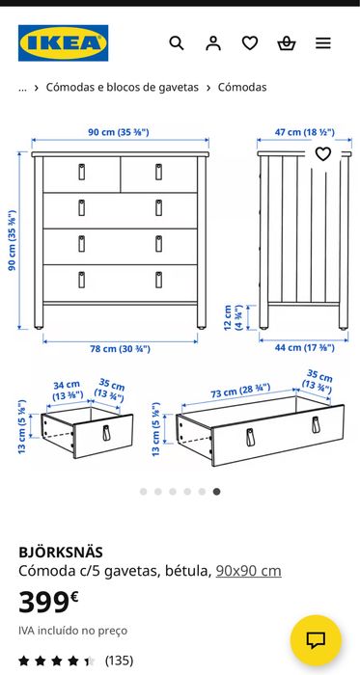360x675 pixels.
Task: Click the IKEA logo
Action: click(x=63, y=43)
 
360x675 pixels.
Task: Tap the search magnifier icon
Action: click(x=176, y=43)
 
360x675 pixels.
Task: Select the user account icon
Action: click(x=212, y=43)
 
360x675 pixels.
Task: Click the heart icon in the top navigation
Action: click(x=250, y=43)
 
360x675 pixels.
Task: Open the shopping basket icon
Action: click(x=287, y=43)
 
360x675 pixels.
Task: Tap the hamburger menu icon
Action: click(x=323, y=43)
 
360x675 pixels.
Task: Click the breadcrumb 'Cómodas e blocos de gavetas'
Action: click(x=123, y=87)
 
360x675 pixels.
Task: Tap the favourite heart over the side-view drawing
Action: click(x=323, y=153)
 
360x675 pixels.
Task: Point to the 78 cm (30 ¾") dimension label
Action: click(x=120, y=349)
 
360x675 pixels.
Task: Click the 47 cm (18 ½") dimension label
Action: click(x=304, y=132)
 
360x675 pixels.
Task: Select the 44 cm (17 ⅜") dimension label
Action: click(x=304, y=348)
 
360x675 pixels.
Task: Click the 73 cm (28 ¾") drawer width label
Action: click(x=240, y=391)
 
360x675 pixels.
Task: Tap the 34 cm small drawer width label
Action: click(x=67, y=391)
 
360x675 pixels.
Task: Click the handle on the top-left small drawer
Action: click(x=81, y=172)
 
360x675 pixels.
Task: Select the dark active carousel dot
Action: click(x=216, y=492)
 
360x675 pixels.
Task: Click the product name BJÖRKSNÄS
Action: click(x=61, y=553)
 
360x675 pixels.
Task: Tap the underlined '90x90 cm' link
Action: click(x=248, y=571)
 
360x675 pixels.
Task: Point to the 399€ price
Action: click(x=48, y=602)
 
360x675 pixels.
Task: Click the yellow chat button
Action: click(x=316, y=640)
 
